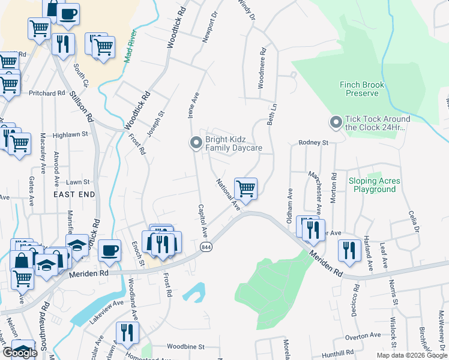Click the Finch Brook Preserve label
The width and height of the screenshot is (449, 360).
tap(362, 89)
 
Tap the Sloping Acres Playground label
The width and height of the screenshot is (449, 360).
tap(374, 185)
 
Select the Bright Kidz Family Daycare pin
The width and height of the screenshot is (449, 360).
tap(195, 143)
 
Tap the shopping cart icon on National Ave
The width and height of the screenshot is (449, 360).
tap(246, 189)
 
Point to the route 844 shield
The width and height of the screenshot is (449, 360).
tap(206, 247)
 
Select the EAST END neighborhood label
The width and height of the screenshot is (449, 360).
tap(74, 195)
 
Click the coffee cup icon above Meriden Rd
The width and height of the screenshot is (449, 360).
tap(109, 250)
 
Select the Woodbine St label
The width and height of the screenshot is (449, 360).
tap(185, 347)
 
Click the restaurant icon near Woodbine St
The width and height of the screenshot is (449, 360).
tap(127, 333)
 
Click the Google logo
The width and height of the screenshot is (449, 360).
tap(20, 353)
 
